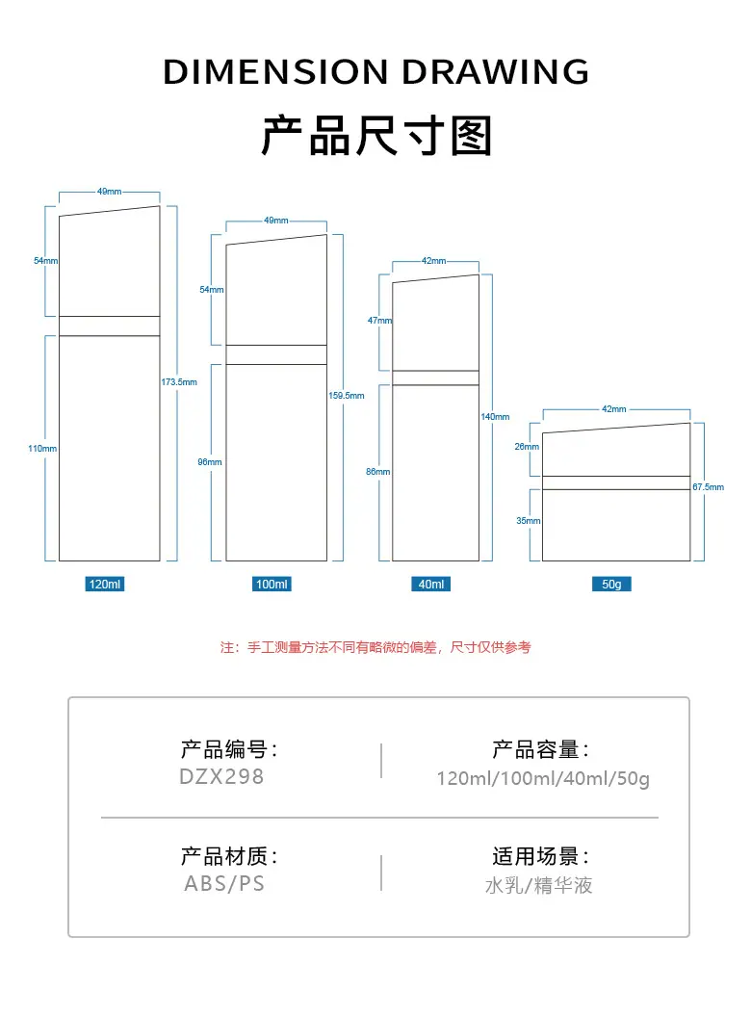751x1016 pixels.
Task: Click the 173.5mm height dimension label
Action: click(x=179, y=382)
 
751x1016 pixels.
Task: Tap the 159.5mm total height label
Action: click(x=346, y=395)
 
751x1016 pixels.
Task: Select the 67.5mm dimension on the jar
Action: click(x=709, y=486)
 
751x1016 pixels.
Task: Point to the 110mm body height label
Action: click(x=42, y=449)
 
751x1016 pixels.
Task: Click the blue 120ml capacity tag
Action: click(x=104, y=584)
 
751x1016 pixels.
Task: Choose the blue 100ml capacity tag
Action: click(x=272, y=584)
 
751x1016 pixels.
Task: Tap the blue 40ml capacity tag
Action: click(x=431, y=584)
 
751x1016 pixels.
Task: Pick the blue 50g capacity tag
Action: click(x=611, y=584)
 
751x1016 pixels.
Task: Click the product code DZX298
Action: click(x=221, y=776)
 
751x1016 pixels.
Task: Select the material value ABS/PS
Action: click(x=224, y=883)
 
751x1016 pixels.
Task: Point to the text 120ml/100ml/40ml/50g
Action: click(x=543, y=778)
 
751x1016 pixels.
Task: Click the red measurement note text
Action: click(x=375, y=647)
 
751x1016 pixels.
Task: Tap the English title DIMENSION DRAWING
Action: click(x=375, y=71)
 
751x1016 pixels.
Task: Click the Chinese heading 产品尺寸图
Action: click(x=376, y=136)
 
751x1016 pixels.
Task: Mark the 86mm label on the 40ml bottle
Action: click(x=377, y=472)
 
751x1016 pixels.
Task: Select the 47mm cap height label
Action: click(x=379, y=320)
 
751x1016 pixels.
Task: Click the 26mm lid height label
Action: click(x=527, y=447)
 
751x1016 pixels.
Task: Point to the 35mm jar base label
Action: click(x=528, y=520)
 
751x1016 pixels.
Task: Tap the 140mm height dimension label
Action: click(x=495, y=417)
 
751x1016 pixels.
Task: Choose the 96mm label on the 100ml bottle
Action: click(x=210, y=462)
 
